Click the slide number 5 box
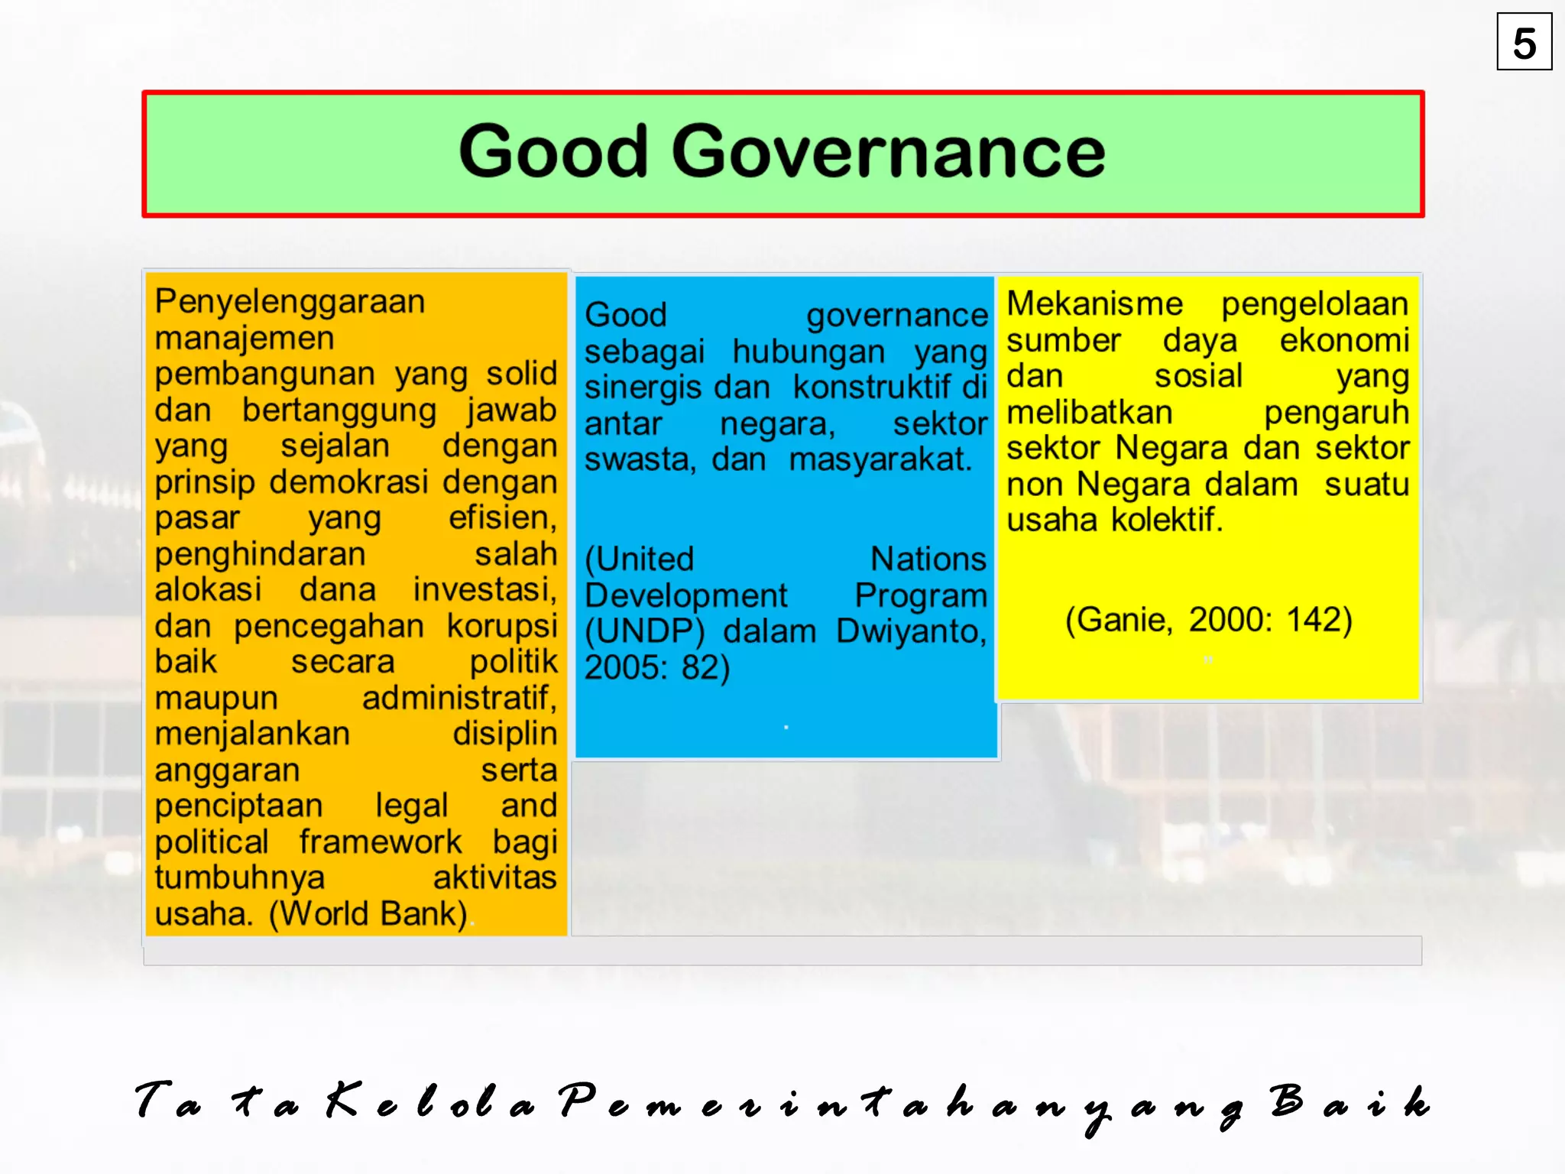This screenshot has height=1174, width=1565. (x=1524, y=42)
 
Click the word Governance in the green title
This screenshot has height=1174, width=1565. (x=888, y=151)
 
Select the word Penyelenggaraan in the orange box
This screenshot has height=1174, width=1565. (x=290, y=301)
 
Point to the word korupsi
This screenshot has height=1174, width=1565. (x=502, y=626)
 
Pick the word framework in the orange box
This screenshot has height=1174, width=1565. (x=381, y=842)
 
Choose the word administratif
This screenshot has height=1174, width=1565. (x=458, y=698)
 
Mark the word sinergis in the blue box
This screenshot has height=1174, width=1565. (x=642, y=388)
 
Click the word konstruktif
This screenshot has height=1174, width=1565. (x=876, y=388)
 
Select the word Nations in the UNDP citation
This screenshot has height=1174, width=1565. (x=928, y=559)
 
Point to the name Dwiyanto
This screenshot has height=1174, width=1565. (x=911, y=632)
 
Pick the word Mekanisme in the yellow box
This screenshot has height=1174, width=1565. (x=1094, y=304)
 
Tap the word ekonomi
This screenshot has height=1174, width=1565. (x=1344, y=341)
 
